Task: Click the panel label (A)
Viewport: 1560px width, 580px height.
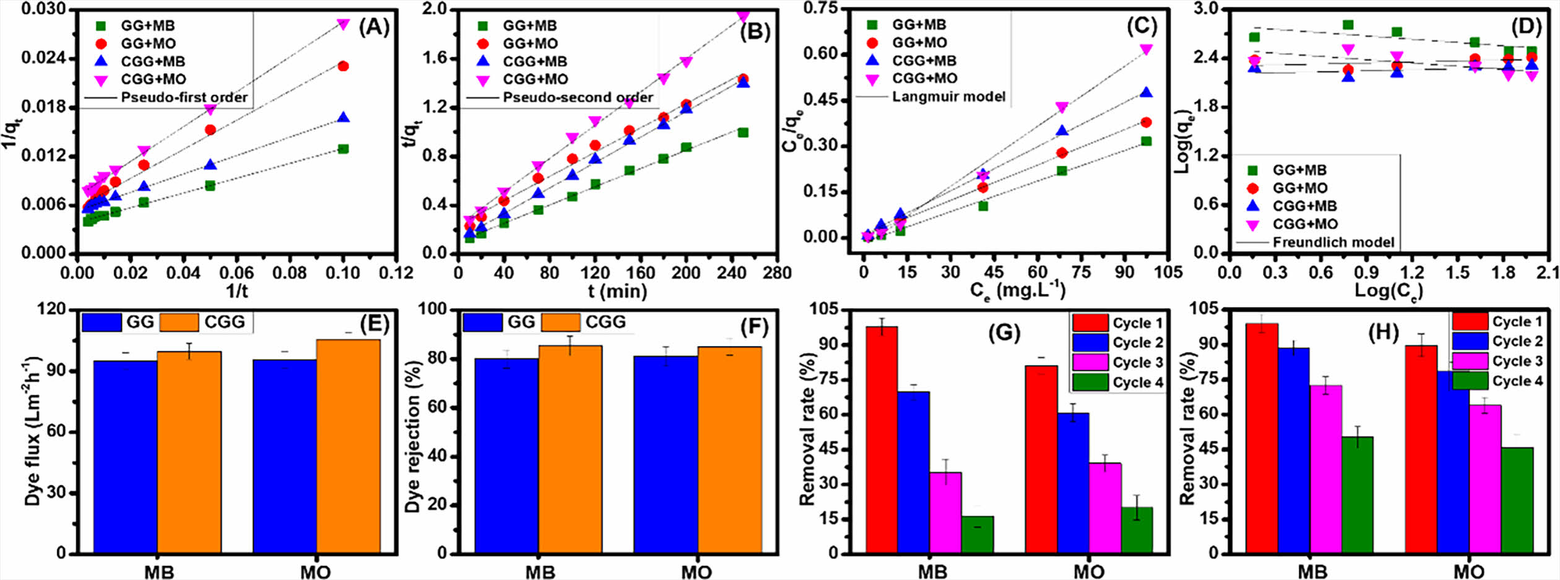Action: pyautogui.click(x=374, y=28)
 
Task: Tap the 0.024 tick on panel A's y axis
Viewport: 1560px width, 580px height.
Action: pyautogui.click(x=47, y=58)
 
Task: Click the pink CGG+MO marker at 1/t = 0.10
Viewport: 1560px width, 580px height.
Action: pyautogui.click(x=343, y=24)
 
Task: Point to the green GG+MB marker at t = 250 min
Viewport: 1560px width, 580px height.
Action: pyautogui.click(x=743, y=132)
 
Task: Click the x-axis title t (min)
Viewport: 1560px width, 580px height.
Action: pyautogui.click(x=617, y=290)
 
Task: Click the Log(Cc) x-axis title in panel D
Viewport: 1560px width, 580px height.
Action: pyautogui.click(x=1388, y=290)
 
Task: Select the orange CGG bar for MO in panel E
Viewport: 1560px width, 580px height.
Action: pyautogui.click(x=349, y=446)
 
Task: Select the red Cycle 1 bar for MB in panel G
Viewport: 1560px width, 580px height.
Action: pyautogui.click(x=882, y=439)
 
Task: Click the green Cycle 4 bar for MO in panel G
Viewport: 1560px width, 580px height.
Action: pyautogui.click(x=1137, y=530)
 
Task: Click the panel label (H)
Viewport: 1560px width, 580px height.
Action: pyautogui.click(x=1383, y=332)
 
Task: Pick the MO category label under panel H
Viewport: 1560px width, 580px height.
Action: pyautogui.click(x=1468, y=571)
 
